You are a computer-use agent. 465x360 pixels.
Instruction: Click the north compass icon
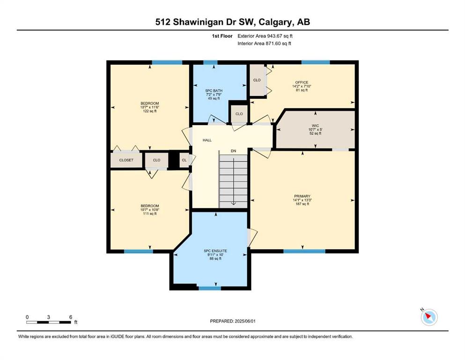[429, 317]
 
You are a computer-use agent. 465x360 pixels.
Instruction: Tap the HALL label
[207, 140]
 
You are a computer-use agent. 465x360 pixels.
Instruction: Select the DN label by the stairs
[233, 151]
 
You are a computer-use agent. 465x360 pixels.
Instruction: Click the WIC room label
[315, 126]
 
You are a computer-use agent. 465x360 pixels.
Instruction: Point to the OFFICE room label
[302, 82]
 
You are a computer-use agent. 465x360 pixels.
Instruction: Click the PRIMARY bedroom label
[302, 196]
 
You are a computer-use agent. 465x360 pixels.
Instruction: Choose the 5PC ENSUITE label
[215, 251]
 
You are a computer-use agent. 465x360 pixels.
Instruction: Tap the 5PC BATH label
[214, 90]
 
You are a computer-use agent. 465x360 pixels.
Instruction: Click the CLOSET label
[126, 160]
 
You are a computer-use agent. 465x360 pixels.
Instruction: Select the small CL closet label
[184, 160]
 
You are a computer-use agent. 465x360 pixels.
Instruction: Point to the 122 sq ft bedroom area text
[150, 111]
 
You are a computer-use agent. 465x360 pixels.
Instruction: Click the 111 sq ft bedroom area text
[150, 213]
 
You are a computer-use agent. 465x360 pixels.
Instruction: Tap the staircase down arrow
[233, 181]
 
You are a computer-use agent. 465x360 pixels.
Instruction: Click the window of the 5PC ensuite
[210, 288]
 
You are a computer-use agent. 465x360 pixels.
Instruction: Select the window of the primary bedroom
[304, 251]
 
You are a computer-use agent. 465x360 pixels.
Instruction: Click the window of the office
[316, 62]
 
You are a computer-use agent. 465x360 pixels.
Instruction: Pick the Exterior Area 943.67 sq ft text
[265, 36]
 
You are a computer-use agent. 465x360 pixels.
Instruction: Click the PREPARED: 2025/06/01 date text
[232, 321]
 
